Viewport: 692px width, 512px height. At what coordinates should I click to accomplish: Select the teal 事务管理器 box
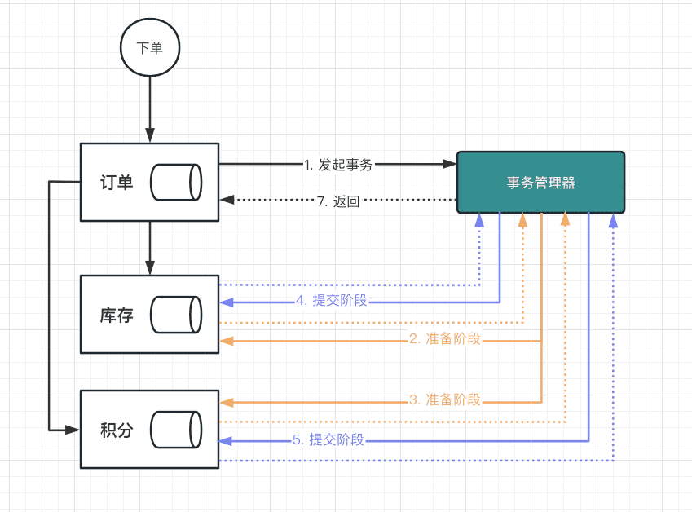[x=540, y=183]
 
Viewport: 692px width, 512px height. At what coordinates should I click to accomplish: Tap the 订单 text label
[x=117, y=183]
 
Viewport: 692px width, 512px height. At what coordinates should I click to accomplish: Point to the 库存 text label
[x=117, y=316]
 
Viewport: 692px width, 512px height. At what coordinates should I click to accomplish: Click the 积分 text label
[x=117, y=430]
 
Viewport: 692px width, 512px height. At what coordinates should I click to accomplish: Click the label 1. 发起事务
[x=338, y=165]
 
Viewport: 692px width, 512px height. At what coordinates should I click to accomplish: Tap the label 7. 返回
[x=338, y=201]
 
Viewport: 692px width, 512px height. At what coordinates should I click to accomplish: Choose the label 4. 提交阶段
[x=332, y=300]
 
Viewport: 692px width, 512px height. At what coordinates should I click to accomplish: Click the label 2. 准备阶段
[x=445, y=338]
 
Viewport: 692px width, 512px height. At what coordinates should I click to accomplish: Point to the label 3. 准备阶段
[x=445, y=399]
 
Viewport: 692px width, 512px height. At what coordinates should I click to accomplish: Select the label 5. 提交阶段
[x=328, y=439]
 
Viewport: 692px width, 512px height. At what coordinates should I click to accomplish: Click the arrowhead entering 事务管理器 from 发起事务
[x=450, y=164]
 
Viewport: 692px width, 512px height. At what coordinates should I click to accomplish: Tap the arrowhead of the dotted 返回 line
[x=227, y=200]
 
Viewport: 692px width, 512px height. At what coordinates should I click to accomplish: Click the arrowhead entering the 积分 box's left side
[x=73, y=430]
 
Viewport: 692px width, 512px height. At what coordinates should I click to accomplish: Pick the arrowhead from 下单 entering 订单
[x=150, y=135]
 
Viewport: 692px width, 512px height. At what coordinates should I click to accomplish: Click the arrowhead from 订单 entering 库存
[x=150, y=268]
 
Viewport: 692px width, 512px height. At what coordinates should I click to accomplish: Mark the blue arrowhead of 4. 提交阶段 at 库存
[x=227, y=302]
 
